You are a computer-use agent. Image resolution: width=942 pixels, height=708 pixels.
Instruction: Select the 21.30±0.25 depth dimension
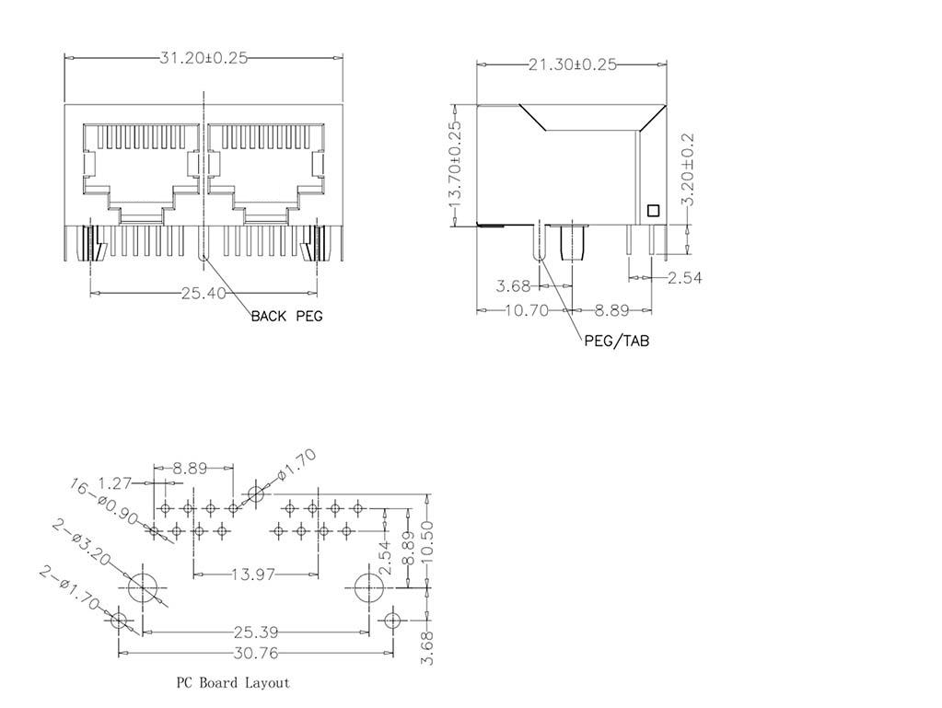pyautogui.click(x=571, y=64)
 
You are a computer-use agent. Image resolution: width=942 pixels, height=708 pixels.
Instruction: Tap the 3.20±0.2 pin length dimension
pyautogui.click(x=688, y=162)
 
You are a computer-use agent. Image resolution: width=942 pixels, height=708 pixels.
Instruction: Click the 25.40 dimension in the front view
pyautogui.click(x=204, y=294)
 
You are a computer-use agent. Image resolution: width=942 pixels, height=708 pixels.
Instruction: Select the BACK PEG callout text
pyautogui.click(x=286, y=316)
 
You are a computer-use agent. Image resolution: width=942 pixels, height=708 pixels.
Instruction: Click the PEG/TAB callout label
pyautogui.click(x=616, y=341)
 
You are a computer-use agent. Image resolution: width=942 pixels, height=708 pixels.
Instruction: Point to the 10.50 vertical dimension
pyautogui.click(x=426, y=544)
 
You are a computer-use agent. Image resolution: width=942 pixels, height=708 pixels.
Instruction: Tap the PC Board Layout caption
pyautogui.click(x=233, y=682)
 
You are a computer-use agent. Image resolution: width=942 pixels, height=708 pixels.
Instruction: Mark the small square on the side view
pyautogui.click(x=653, y=210)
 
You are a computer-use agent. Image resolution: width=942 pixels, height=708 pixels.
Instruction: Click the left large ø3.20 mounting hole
pyautogui.click(x=143, y=586)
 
